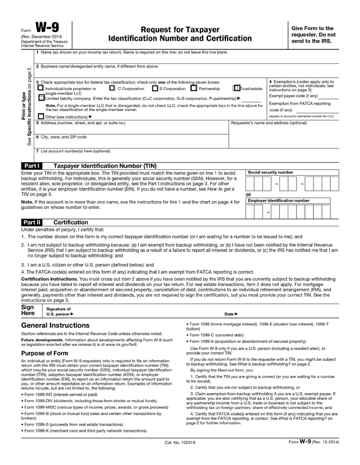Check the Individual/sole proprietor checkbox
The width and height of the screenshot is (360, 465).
click(x=40, y=89)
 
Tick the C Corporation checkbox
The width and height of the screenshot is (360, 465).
click(x=112, y=89)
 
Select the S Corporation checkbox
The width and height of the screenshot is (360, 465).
click(x=155, y=89)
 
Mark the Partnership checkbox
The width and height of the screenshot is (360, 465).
click(x=194, y=89)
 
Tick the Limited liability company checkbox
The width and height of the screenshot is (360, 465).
click(x=40, y=99)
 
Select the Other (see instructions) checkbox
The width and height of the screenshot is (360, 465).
click(x=40, y=116)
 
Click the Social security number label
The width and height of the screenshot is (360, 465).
click(x=270, y=173)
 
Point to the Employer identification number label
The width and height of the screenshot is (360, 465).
click(x=278, y=201)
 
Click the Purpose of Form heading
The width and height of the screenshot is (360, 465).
click(x=49, y=353)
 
